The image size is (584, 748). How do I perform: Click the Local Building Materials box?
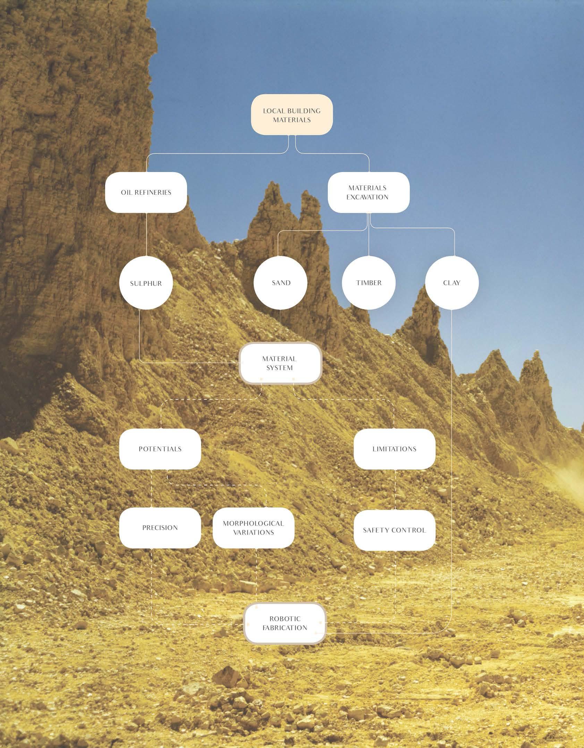click(x=292, y=115)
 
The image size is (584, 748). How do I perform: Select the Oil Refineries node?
click(x=146, y=192)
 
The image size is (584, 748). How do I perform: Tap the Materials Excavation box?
click(x=368, y=192)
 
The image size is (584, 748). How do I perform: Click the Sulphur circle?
click(x=146, y=283)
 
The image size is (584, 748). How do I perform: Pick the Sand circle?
click(x=280, y=283)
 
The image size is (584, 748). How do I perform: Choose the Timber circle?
click(x=369, y=283)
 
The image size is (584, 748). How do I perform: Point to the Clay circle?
click(x=451, y=283)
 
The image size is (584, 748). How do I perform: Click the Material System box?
click(x=280, y=363)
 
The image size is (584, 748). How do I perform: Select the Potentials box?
click(x=160, y=449)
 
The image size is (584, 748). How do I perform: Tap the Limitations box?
click(x=394, y=449)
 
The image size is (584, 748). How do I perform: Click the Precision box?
click(x=160, y=527)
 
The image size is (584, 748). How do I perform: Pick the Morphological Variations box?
click(x=253, y=527)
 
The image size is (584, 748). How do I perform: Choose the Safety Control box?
click(x=394, y=530)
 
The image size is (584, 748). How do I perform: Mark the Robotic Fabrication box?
click(x=285, y=623)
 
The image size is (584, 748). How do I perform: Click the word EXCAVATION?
click(x=367, y=197)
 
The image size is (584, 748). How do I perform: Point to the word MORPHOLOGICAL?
click(x=253, y=523)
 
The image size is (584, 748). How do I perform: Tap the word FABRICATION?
click(x=285, y=628)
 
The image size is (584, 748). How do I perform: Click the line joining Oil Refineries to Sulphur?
click(x=146, y=234)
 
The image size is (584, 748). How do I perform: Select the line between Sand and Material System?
click(x=280, y=326)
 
